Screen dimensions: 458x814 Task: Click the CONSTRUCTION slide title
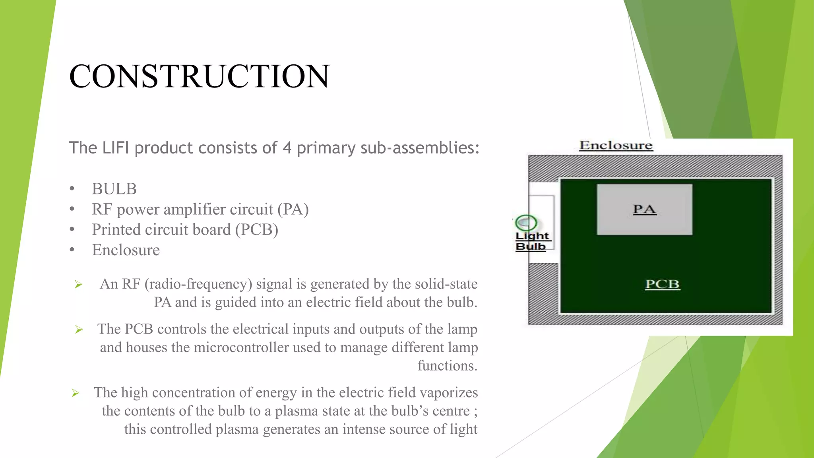tap(199, 76)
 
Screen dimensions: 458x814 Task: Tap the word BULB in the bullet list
tap(114, 189)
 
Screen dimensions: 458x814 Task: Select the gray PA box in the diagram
tap(644, 210)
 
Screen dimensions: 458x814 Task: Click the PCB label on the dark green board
tap(662, 284)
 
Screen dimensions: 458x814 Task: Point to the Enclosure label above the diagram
tap(616, 146)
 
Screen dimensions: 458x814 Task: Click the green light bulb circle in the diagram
tap(526, 223)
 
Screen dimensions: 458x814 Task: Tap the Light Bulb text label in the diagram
tap(531, 241)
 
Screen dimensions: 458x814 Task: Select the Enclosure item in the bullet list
tap(126, 250)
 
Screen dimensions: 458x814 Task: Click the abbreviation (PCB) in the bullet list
tap(256, 230)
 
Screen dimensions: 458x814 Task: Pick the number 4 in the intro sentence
tap(287, 148)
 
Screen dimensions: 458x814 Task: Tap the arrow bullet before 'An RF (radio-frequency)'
tap(78, 284)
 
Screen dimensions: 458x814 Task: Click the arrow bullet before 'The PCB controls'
tap(79, 330)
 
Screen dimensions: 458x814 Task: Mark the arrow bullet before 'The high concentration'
tap(76, 393)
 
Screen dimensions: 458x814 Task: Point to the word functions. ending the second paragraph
tap(447, 366)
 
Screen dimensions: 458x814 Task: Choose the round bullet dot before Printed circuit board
tap(72, 229)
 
